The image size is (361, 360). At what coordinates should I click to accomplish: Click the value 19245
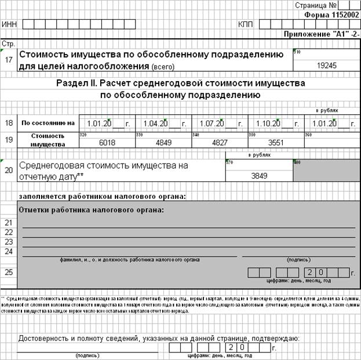[x=327, y=66]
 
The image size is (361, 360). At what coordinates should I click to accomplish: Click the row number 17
[x=8, y=59]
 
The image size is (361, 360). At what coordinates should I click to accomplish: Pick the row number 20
[x=8, y=170]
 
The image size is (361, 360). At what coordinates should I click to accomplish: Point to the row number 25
[x=8, y=271]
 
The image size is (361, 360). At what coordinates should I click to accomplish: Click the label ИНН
[x=10, y=25]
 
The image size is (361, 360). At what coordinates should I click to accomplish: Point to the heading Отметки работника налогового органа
[x=92, y=209]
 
